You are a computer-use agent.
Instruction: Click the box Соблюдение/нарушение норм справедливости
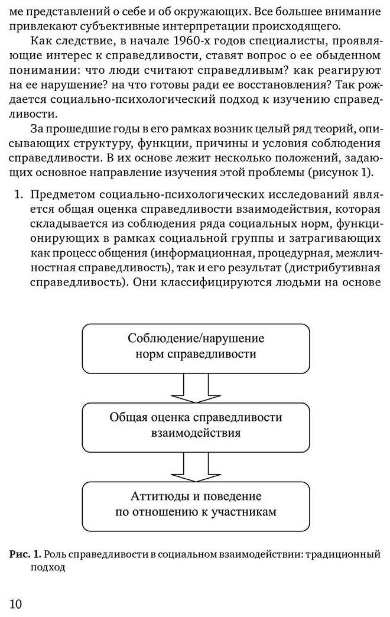[196, 347]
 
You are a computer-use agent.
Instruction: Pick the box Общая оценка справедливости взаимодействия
[196, 425]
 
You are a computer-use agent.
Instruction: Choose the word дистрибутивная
[339, 267]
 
